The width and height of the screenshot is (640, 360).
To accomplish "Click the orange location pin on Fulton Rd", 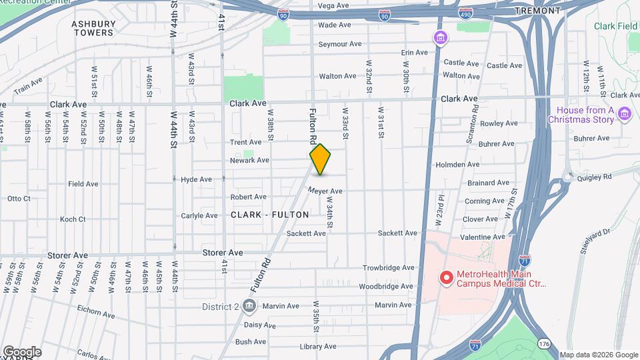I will pos(320,159).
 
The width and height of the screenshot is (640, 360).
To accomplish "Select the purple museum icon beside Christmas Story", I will pos(625,114).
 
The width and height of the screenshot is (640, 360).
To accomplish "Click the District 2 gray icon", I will pos(249,306).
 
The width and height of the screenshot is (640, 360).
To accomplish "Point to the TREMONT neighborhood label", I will pos(537,11).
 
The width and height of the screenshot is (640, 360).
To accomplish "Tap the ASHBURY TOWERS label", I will pos(93,28).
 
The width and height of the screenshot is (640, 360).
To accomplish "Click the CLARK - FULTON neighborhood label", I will pos(270,215).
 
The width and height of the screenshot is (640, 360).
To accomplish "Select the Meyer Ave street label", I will pos(325,191).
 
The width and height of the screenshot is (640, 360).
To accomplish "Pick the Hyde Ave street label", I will pos(196,179).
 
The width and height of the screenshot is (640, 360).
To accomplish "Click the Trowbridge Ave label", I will pos(389,268).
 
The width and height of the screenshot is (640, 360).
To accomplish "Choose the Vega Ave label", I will pos(333,6).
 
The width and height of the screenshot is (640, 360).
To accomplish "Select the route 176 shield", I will pos(544,343).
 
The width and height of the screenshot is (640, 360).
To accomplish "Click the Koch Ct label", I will pos(73,219).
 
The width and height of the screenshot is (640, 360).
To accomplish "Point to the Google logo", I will pos(21,352).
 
